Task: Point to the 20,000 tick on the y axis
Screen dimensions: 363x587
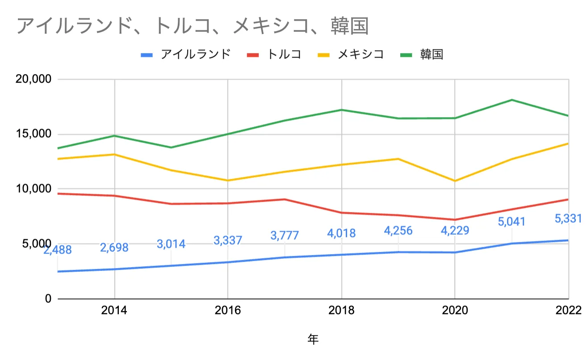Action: (x=34, y=80)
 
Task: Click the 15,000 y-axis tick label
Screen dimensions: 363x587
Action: (x=34, y=134)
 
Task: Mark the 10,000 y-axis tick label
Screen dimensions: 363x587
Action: (x=34, y=189)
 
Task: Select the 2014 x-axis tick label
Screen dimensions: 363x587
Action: (x=115, y=311)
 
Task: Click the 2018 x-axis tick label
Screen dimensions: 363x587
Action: (x=341, y=311)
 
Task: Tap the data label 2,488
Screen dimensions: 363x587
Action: (x=58, y=250)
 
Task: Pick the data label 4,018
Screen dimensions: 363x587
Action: (x=341, y=233)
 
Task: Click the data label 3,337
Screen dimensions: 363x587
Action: (x=228, y=241)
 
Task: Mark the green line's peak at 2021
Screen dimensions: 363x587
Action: (x=512, y=100)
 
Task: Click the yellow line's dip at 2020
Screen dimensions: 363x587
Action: (x=455, y=181)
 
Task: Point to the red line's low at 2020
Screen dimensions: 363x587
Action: (x=455, y=219)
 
